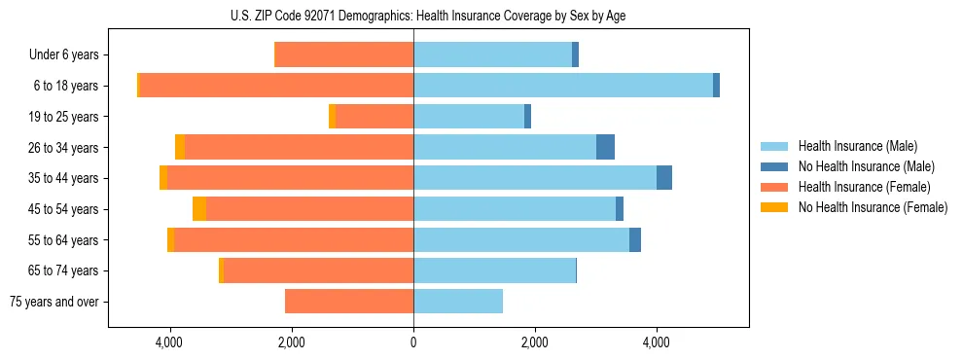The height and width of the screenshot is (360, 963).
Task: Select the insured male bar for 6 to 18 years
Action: coord(563,86)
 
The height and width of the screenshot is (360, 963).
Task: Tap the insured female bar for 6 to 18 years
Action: coord(276,86)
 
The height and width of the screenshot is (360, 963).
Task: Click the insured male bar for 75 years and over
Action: coord(458,302)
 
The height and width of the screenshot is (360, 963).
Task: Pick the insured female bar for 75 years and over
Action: coord(349,302)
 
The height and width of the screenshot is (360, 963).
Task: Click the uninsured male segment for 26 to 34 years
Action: coord(605,147)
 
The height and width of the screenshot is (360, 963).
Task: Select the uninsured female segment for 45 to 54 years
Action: coord(199,209)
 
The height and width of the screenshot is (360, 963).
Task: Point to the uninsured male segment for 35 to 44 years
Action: coord(664,178)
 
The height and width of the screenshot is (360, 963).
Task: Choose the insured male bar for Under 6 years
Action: coord(493,54)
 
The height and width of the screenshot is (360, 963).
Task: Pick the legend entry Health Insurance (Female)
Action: coord(862,187)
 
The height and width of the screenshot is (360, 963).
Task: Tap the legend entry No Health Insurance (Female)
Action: coord(873,207)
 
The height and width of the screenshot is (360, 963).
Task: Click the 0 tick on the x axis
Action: coord(413,342)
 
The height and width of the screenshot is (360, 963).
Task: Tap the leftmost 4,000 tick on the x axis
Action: coord(170,342)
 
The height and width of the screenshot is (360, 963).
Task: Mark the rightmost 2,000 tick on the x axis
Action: coord(535,342)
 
